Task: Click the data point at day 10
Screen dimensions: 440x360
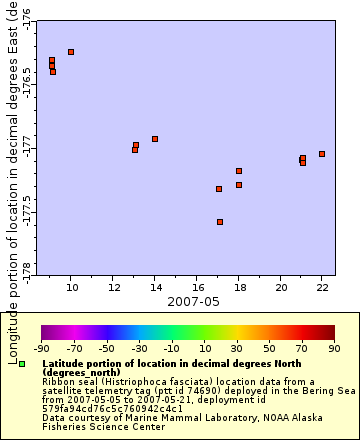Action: click(70, 51)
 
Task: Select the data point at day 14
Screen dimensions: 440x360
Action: click(154, 139)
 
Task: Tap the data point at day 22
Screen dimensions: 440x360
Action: click(322, 154)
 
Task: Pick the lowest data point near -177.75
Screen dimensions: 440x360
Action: click(219, 222)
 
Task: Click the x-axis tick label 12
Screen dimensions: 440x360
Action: click(113, 287)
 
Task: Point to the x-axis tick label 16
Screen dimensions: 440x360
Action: click(196, 287)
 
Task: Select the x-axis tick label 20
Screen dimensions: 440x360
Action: click(280, 287)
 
